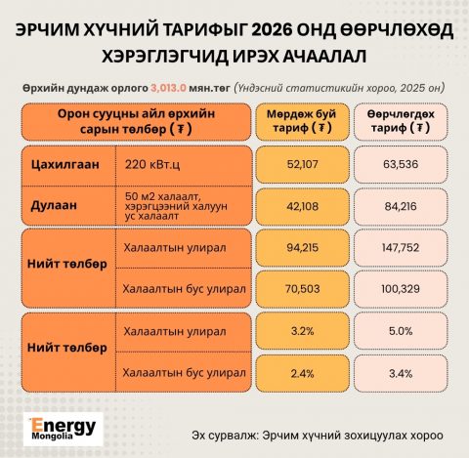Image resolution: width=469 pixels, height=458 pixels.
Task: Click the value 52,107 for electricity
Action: [x=302, y=164]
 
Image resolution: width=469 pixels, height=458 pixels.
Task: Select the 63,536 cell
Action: [x=401, y=164]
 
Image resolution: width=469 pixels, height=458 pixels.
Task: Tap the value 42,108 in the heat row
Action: [x=302, y=206]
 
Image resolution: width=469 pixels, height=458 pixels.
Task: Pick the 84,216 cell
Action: [x=401, y=206]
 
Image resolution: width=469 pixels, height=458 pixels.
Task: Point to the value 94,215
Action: [x=302, y=248]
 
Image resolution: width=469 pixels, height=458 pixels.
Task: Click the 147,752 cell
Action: [x=401, y=248]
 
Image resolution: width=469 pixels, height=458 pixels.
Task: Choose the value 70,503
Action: [x=302, y=289]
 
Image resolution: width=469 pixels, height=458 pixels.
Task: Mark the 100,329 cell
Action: [x=401, y=289]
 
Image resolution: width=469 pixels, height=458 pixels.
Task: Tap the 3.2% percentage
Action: [x=302, y=331]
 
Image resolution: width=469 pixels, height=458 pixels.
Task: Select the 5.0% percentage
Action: [x=401, y=331]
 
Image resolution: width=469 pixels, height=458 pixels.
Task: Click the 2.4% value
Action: [x=302, y=373]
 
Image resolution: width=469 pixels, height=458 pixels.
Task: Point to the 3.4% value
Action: [x=401, y=373]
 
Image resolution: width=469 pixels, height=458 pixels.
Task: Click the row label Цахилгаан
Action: [x=65, y=164]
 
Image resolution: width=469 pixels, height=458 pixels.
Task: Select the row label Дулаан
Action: [x=54, y=206]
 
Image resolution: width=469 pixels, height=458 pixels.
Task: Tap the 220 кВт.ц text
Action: [x=152, y=164]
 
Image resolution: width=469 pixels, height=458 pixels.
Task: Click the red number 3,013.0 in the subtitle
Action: [x=168, y=88]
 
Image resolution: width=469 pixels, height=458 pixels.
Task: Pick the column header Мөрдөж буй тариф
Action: [x=302, y=121]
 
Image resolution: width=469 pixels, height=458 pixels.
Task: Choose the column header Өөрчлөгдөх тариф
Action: [x=401, y=121]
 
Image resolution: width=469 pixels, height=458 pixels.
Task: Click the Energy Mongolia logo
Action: [x=64, y=429]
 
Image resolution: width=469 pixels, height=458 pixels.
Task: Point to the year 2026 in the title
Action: [x=272, y=30]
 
